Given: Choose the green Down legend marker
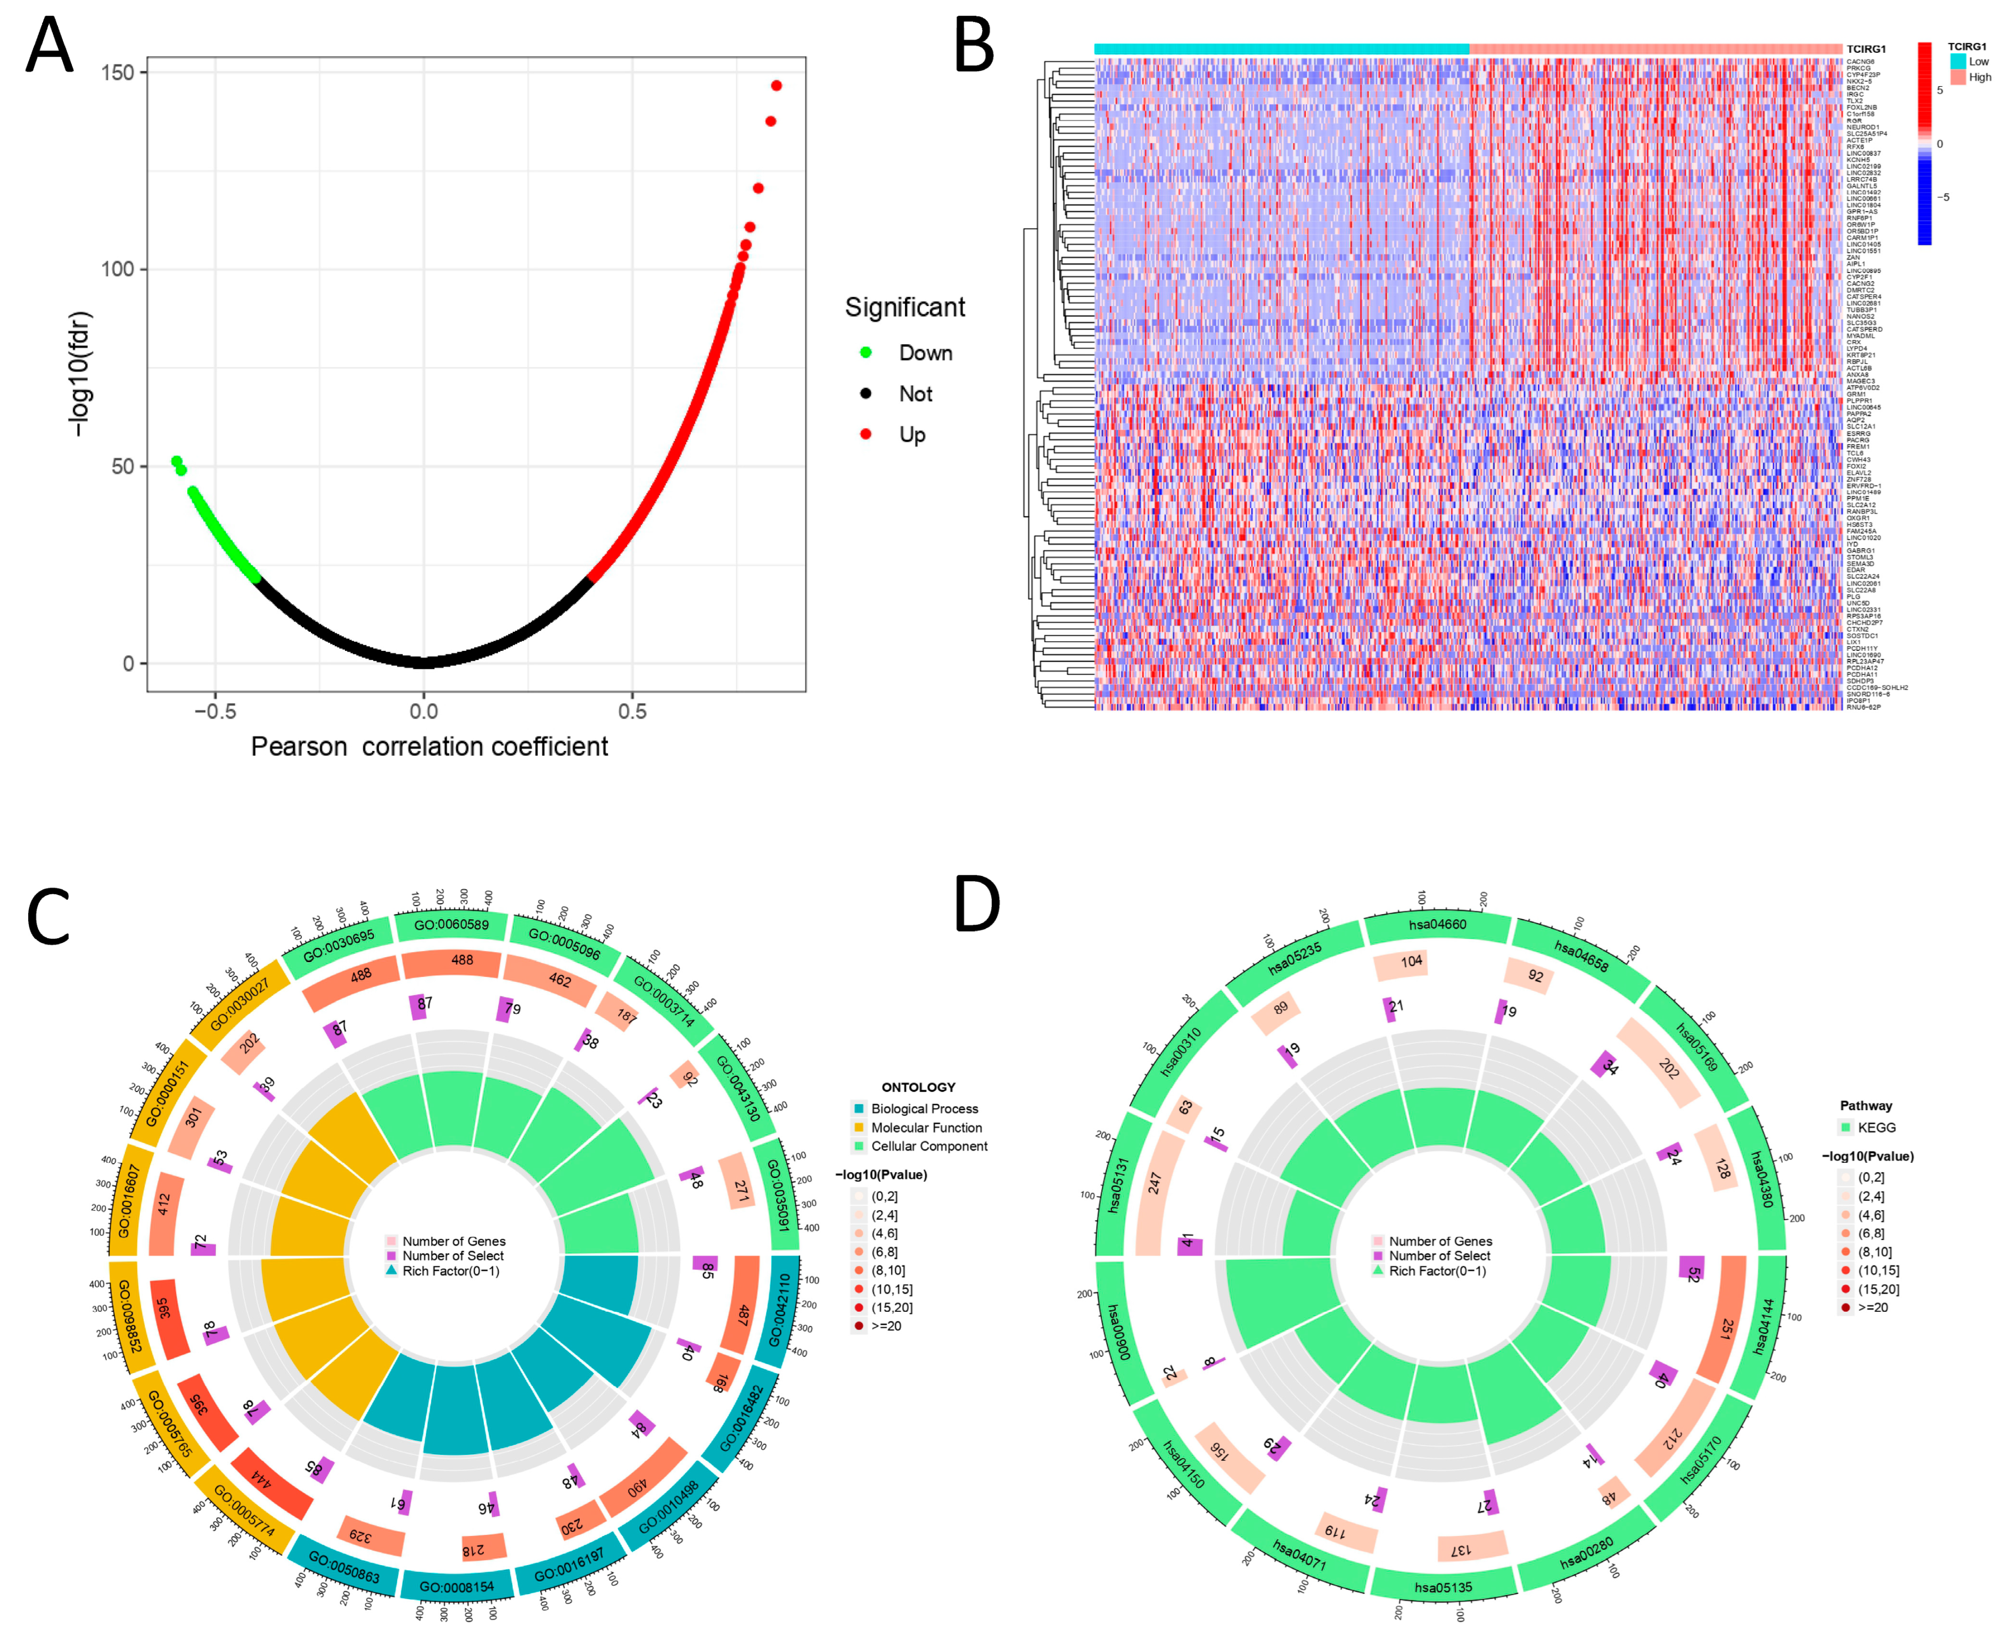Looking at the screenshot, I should [x=865, y=353].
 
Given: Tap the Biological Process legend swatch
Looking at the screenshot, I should [x=858, y=1109].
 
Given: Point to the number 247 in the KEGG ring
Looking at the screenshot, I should [x=1154, y=1184].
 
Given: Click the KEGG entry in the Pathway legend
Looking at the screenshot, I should [x=1876, y=1127].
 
